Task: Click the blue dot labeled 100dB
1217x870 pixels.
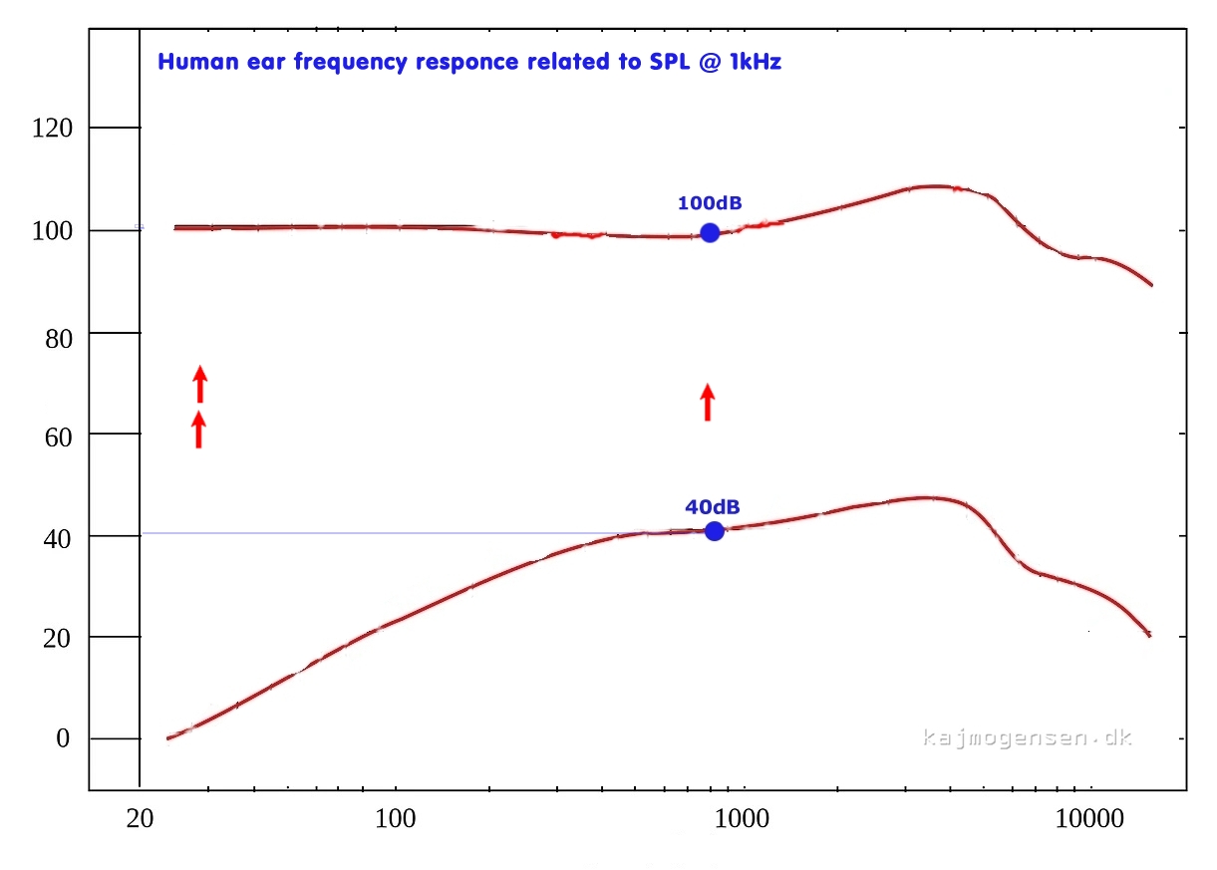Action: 710,232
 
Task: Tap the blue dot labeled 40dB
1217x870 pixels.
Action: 714,531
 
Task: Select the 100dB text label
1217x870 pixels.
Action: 710,203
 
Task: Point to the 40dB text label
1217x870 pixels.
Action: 712,506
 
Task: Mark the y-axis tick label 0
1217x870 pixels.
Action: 63,738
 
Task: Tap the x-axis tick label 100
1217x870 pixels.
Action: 396,819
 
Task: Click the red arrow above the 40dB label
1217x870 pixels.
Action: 708,402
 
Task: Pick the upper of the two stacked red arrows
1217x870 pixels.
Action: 199,384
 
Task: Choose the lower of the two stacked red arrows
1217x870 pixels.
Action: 198,430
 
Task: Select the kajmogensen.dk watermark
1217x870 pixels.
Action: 1027,737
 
